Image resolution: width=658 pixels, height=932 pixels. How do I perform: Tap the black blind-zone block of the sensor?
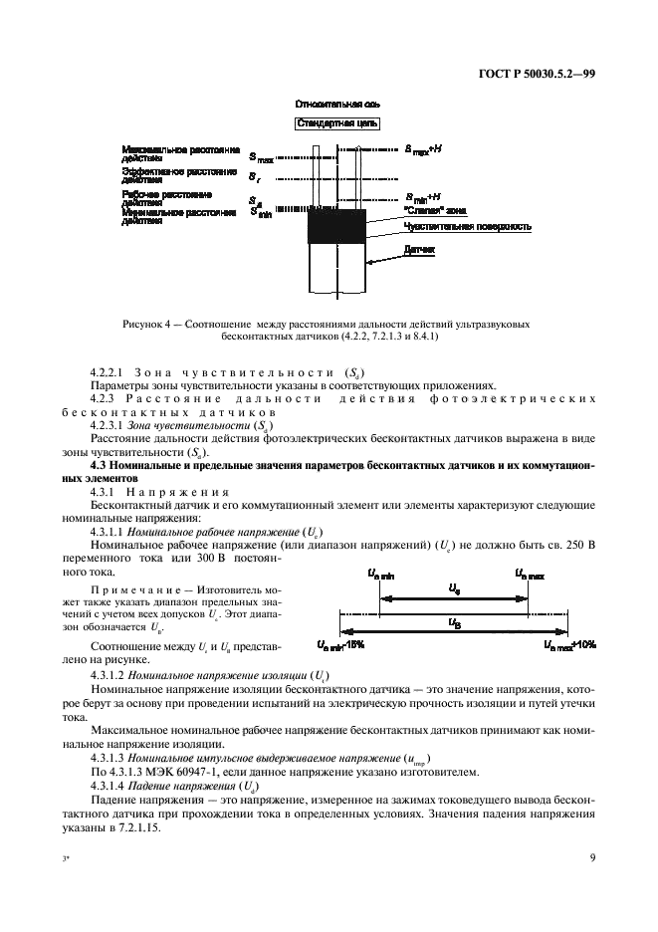tap(337, 227)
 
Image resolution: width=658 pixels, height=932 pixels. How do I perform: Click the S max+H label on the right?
tap(429, 150)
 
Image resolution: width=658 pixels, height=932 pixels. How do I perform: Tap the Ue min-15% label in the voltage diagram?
tap(340, 645)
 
